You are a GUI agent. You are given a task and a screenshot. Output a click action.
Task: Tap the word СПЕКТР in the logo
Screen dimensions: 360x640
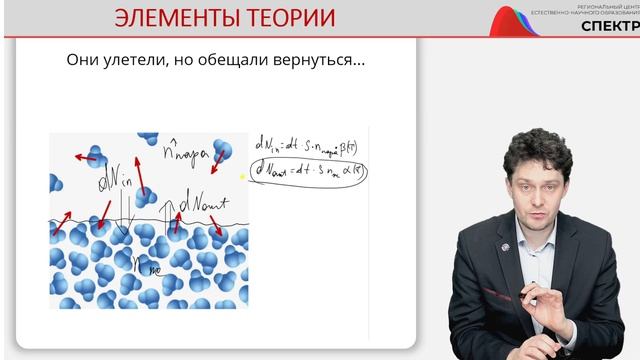point(611,27)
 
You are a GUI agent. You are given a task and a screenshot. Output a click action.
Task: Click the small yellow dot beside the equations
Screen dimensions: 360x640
point(243,174)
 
